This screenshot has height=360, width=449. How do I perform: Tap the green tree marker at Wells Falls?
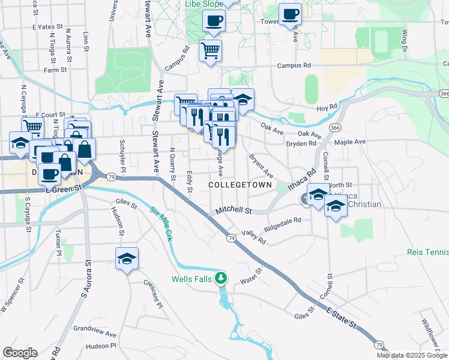coord(222,278)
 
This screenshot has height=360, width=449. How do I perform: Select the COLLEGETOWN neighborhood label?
coord(240,184)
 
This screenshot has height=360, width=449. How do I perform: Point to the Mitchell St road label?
coord(233,211)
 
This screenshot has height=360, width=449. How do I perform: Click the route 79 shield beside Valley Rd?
coord(231,238)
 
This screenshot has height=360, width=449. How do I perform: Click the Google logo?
coord(20,353)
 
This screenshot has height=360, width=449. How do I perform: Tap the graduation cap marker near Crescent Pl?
coord(127,259)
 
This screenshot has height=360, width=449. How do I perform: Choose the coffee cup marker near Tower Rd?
coord(290,14)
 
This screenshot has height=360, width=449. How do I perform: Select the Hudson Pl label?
coord(100,346)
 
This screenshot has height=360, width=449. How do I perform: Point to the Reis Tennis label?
coord(427,252)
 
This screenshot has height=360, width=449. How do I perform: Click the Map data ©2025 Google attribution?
coord(412,355)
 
